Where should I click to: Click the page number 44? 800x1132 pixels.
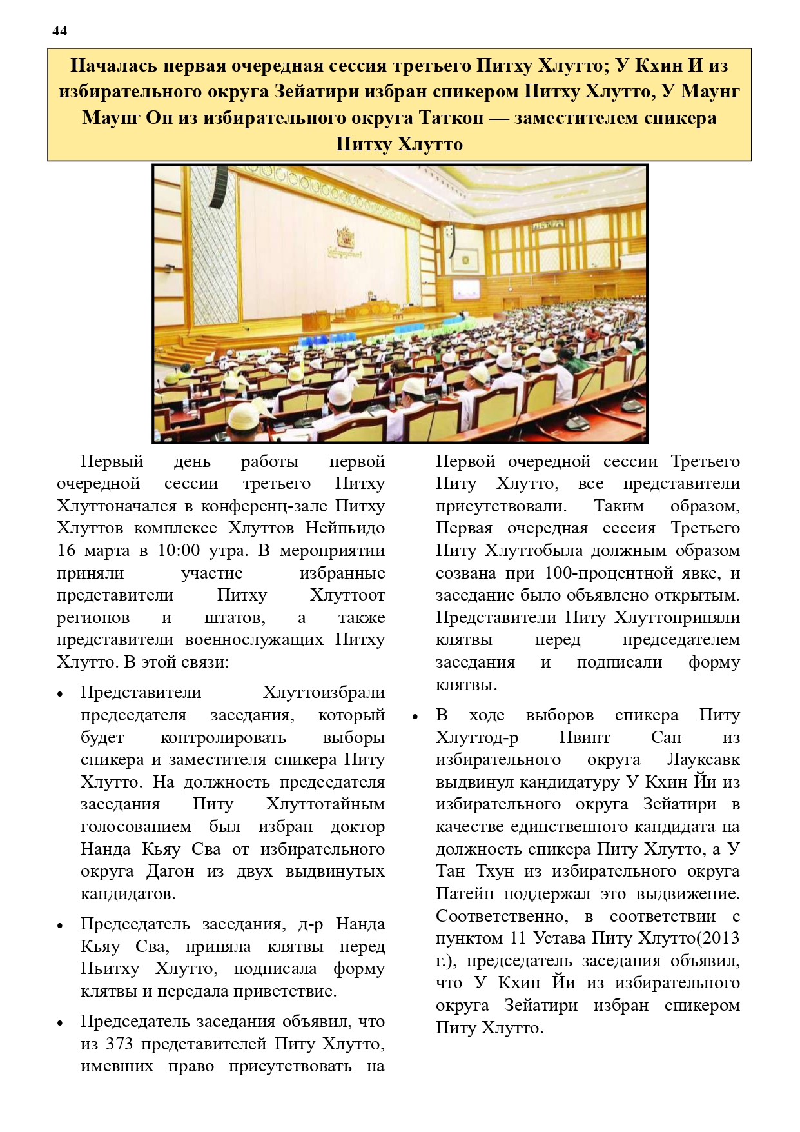[59, 31]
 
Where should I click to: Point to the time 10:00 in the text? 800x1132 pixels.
[179, 551]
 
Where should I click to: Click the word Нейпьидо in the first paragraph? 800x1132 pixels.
[345, 528]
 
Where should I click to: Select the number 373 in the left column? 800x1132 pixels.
[119, 1044]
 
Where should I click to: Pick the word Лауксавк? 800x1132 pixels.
[703, 760]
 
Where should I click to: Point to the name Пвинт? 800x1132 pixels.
[584, 737]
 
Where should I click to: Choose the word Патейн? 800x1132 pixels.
[465, 894]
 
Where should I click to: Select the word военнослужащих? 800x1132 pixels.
[254, 640]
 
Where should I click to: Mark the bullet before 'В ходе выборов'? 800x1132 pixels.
[415, 717]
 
